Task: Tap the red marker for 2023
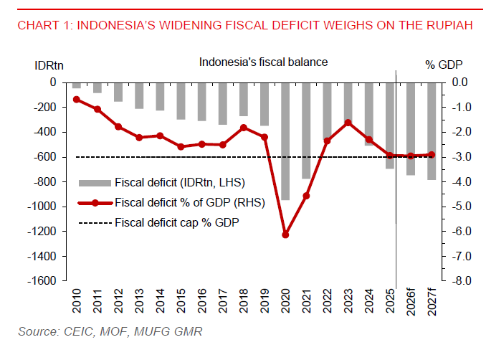[x=348, y=123]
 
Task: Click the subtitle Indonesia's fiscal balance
[x=263, y=62]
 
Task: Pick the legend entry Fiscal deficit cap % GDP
[x=176, y=222]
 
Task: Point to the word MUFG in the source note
[x=132, y=331]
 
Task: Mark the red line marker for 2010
[x=77, y=99]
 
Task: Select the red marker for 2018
[x=243, y=128]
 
